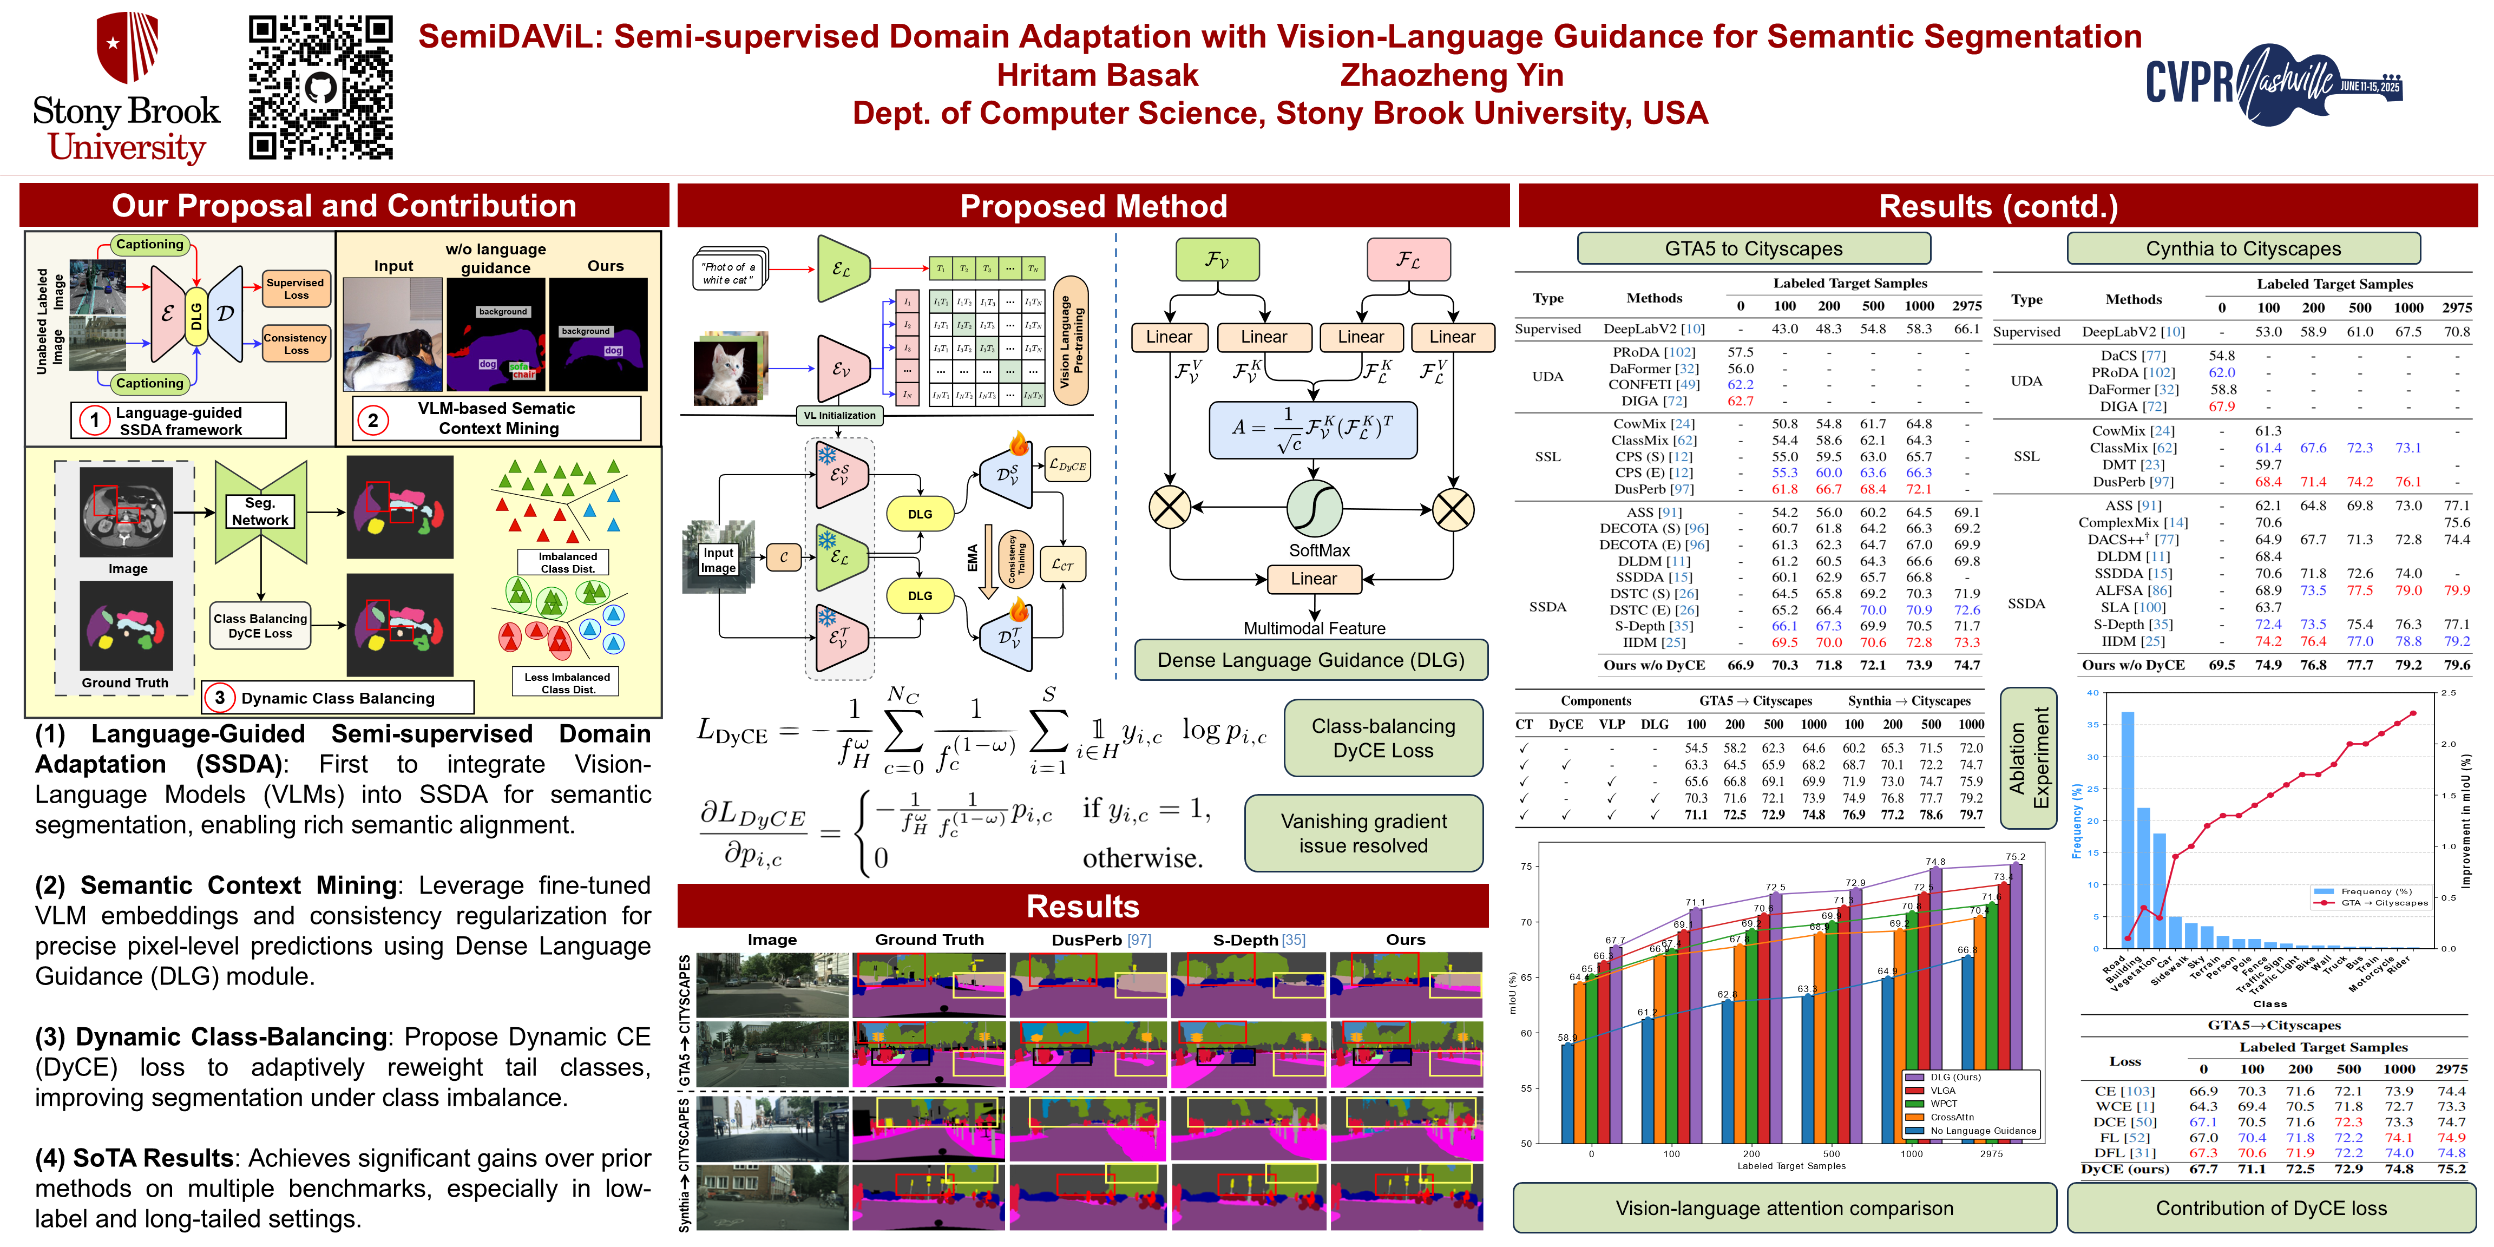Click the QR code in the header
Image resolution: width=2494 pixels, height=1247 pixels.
tap(320, 87)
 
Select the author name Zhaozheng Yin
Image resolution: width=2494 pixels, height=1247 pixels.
tap(1451, 76)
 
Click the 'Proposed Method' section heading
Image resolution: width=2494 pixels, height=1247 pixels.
tap(1093, 206)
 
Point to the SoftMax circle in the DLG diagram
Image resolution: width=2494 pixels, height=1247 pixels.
tap(1314, 508)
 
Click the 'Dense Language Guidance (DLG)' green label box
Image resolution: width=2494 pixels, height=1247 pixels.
tap(1311, 660)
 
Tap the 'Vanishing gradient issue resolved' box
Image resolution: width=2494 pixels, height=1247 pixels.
tap(1363, 833)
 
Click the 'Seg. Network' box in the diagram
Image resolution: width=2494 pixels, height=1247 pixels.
tap(259, 511)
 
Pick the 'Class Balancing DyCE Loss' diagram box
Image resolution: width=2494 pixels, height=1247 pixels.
tap(260, 626)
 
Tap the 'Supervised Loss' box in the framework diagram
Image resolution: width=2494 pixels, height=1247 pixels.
tap(296, 288)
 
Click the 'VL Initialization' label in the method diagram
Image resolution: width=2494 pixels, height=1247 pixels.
tap(839, 415)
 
